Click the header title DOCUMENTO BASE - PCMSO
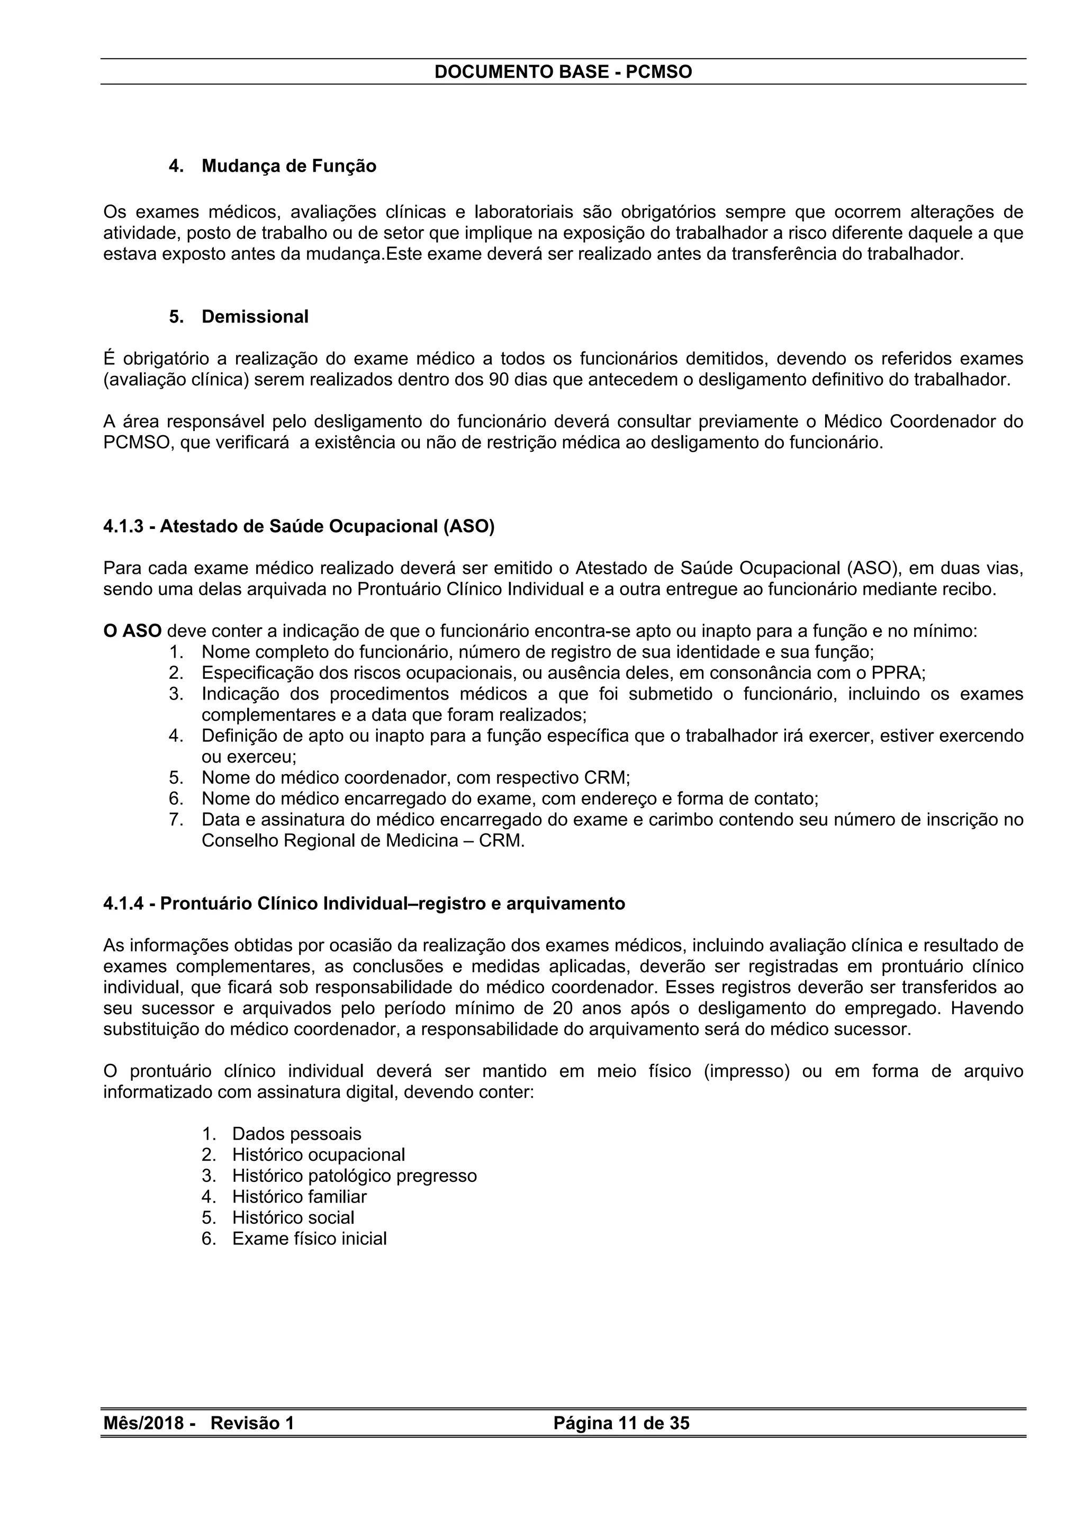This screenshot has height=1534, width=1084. (x=563, y=72)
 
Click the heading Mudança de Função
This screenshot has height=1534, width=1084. (x=288, y=166)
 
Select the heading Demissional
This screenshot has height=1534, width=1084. (x=255, y=317)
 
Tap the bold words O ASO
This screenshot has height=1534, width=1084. (x=132, y=631)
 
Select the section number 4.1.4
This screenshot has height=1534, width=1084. (x=123, y=904)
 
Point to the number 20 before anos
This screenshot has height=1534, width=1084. (x=564, y=1008)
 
